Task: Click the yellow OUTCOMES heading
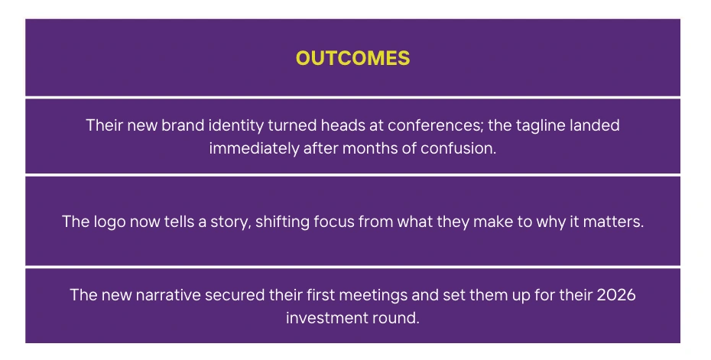point(352,58)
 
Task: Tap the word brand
point(183,125)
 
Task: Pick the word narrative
point(168,295)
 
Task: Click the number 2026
point(615,295)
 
